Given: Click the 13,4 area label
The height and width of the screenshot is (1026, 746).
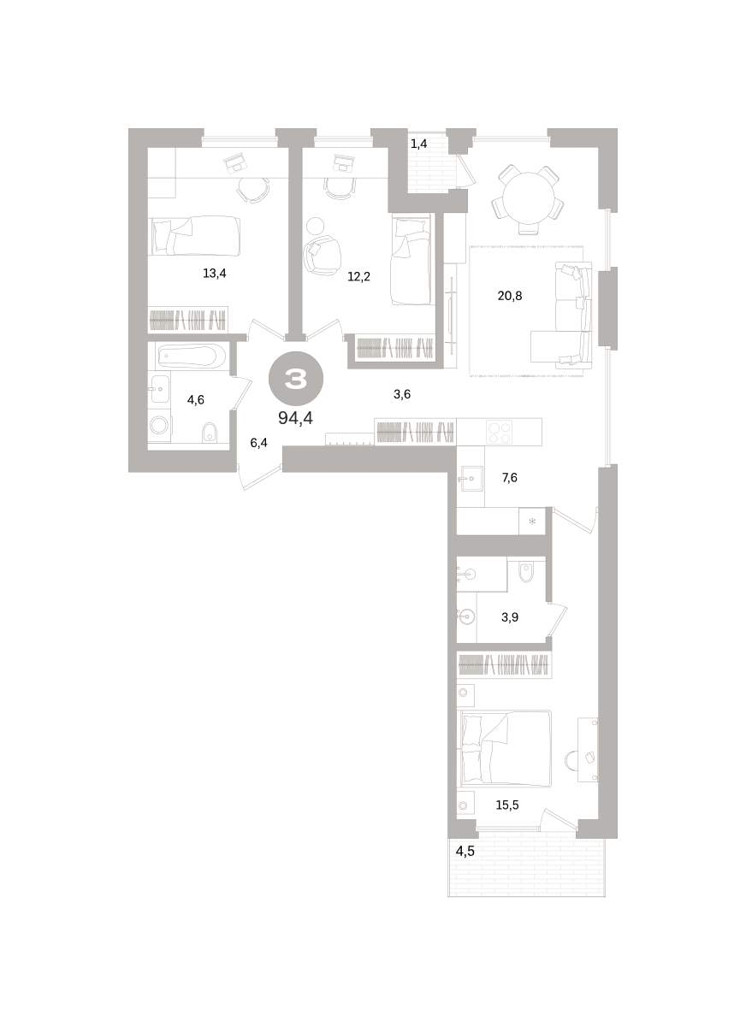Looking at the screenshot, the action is point(215,274).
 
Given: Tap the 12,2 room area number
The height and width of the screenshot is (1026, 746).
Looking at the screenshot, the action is point(358,277).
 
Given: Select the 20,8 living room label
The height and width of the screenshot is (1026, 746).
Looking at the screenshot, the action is point(510,297).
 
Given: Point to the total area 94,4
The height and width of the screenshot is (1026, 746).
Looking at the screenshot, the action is point(295,418).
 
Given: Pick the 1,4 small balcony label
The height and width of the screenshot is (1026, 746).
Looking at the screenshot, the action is point(419,144).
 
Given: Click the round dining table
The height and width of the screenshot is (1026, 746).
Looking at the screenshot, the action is point(529,198).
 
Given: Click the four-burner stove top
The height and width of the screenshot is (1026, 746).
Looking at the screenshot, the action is point(499,431).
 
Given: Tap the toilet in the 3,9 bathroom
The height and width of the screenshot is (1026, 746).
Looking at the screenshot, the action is point(525,572).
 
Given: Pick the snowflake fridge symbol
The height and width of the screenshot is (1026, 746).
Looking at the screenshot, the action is point(532,522).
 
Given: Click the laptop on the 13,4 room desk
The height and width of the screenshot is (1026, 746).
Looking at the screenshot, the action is point(235,162).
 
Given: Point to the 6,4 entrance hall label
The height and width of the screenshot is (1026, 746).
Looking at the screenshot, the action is point(258,444).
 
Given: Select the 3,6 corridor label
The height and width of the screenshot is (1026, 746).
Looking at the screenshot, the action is point(402,394).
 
